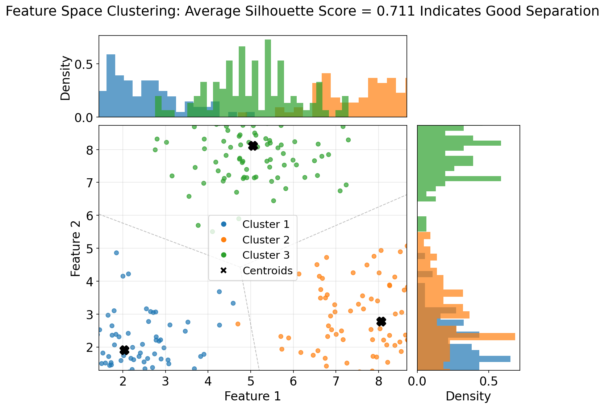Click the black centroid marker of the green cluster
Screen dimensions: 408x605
coord(253,146)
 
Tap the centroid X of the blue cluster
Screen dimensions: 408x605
coord(124,350)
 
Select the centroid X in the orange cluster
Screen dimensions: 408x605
coord(381,321)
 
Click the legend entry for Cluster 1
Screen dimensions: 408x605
coord(266,224)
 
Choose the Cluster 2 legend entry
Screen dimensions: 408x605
coord(266,240)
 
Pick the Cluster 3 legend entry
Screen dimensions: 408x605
coord(266,255)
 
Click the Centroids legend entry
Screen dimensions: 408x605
coord(267,271)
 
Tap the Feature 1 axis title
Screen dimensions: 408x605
coord(253,396)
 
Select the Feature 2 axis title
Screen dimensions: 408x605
coord(75,248)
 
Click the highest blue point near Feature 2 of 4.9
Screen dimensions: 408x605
coord(116,253)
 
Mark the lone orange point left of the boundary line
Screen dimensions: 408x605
coord(238,324)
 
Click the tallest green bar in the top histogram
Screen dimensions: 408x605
coord(268,78)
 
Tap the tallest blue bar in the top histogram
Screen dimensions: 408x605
coord(111,86)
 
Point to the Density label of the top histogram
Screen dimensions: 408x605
coord(66,78)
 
